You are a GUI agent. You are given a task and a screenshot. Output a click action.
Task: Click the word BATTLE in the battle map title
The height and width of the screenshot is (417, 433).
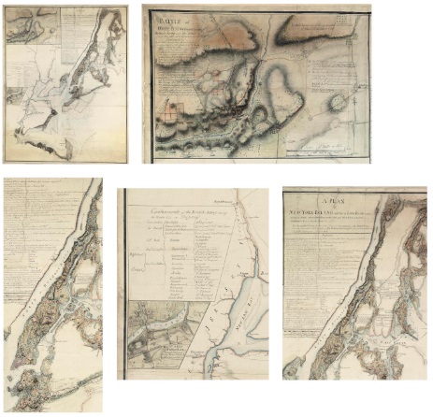point(168,21)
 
